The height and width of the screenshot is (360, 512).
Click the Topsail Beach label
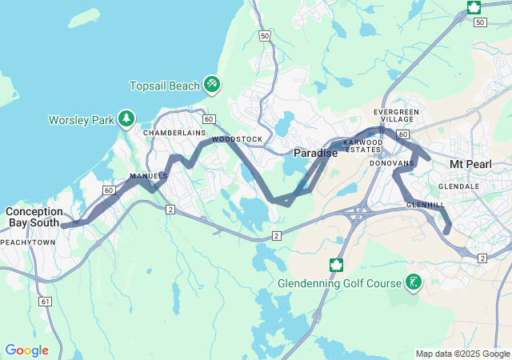[166, 86]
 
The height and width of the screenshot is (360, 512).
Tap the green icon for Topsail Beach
[212, 83]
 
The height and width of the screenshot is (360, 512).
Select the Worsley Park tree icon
[126, 119]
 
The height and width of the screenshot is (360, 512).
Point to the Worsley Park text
[81, 120]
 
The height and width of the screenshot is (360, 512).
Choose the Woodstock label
[237, 139]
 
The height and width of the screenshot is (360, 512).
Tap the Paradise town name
[315, 152]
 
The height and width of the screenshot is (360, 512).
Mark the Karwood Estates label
[362, 146]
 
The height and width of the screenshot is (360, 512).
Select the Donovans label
[391, 163]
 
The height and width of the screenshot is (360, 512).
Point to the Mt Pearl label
[469, 164]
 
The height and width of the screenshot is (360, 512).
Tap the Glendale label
[458, 186]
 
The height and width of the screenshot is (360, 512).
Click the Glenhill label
[425, 205]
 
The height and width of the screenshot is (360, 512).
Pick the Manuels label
[148, 176]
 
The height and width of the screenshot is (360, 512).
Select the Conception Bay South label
[34, 217]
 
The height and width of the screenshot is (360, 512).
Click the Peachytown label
[28, 242]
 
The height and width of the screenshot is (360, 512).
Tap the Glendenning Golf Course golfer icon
[414, 282]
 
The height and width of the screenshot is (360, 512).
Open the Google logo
[26, 350]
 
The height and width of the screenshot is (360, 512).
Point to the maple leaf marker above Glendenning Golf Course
[337, 264]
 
